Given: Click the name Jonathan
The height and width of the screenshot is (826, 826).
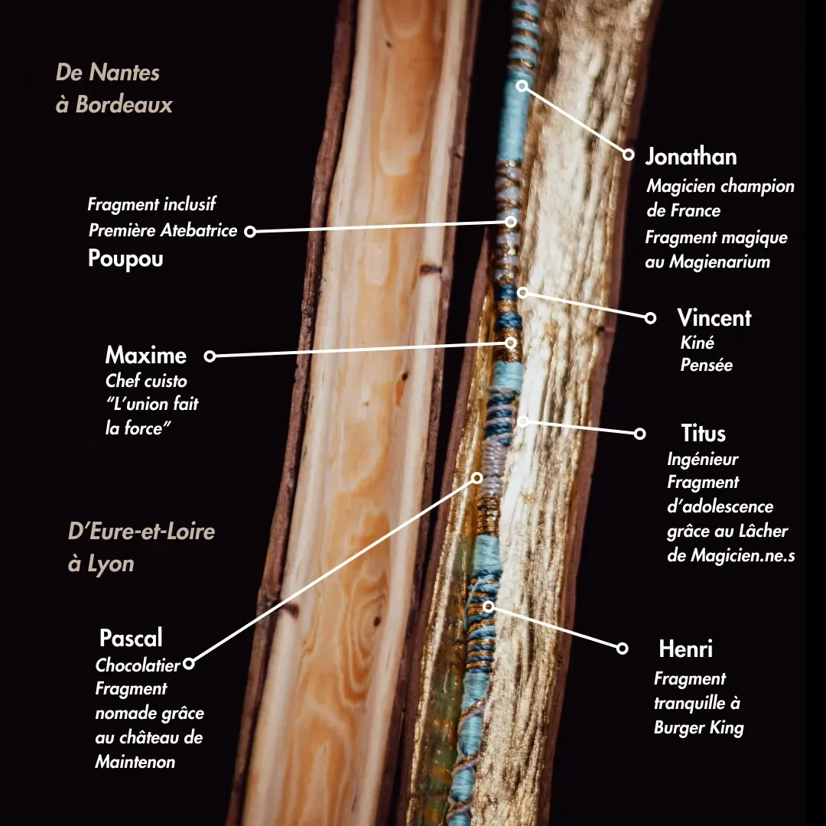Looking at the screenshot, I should click(691, 157).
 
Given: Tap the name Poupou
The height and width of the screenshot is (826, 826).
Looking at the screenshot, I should click(125, 259).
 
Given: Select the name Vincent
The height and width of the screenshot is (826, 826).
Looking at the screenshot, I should click(714, 318).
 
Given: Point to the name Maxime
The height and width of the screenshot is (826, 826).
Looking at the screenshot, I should click(145, 356).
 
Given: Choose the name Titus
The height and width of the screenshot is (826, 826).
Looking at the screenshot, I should click(703, 434).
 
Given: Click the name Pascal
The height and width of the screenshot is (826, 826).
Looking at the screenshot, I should click(131, 638).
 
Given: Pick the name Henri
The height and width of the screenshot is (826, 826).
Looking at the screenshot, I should click(685, 649).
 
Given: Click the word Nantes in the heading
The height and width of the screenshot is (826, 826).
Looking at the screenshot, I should click(124, 73).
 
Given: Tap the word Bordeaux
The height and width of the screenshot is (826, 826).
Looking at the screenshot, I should click(124, 104).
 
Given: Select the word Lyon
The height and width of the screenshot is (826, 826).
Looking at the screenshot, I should click(111, 564).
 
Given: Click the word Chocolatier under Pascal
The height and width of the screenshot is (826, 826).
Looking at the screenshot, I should click(138, 665).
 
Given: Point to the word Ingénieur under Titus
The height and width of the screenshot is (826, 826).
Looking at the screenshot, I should click(702, 460).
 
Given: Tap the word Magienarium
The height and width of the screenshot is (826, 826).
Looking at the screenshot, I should click(719, 262).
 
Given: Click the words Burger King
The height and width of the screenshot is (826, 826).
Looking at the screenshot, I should click(698, 727).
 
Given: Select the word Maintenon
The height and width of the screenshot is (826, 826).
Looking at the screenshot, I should click(135, 762).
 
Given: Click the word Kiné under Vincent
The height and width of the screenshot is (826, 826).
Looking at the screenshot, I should click(697, 343).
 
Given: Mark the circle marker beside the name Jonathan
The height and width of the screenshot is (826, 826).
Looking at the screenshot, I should click(629, 154).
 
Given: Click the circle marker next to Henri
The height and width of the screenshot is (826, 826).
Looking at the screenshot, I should click(623, 649).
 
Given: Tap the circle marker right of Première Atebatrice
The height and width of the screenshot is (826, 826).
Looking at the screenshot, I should click(250, 231).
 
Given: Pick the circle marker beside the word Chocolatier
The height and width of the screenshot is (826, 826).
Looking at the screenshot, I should click(189, 664).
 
